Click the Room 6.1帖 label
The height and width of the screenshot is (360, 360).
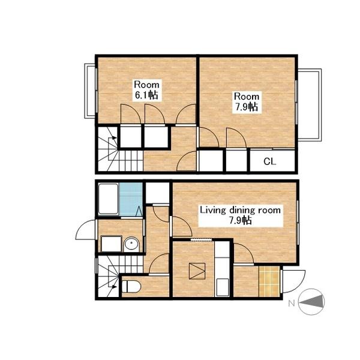coord(146,90)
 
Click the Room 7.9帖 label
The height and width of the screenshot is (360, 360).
coord(247,102)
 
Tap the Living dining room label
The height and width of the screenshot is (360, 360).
coord(240,211)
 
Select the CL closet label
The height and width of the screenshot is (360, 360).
coord(269,161)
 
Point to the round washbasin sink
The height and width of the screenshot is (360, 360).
coord(131,245)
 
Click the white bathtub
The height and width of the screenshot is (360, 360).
coord(109,199)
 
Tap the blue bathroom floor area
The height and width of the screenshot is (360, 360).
coord(131,199)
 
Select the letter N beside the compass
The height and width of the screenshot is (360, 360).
coord(292,304)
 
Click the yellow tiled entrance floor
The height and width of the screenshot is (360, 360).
coord(269,281)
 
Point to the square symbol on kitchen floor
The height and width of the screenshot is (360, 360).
coord(197,271)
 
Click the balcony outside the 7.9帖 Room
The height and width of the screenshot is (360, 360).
coord(309,104)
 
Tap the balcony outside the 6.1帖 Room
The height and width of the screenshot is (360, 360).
coord(90,91)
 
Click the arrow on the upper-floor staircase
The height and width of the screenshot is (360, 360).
coord(113,137)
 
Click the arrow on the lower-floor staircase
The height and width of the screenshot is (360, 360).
coord(113,286)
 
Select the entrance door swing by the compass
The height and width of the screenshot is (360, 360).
coord(293,281)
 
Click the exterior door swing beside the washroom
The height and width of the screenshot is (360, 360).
coord(85,230)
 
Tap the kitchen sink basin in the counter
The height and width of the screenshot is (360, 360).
coord(222,287)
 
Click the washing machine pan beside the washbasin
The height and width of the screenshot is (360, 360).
coord(112,244)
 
